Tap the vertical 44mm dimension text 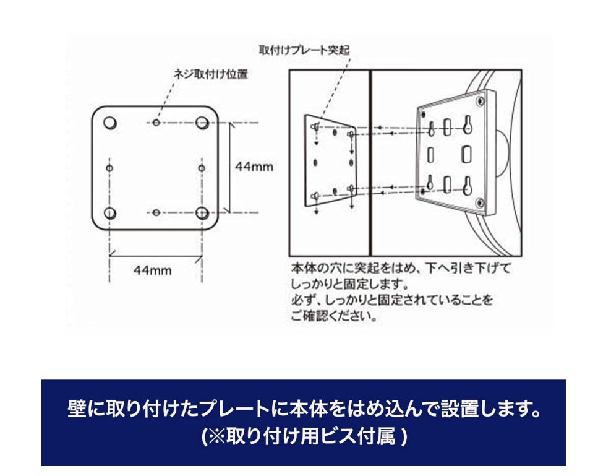pyautogui.click(x=254, y=167)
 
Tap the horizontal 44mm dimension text pyautogui.click(x=153, y=270)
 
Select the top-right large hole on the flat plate pyautogui.click(x=202, y=123)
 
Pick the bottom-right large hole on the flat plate pyautogui.click(x=202, y=213)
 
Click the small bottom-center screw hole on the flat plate pyautogui.click(x=156, y=213)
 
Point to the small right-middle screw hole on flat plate pyautogui.click(x=202, y=168)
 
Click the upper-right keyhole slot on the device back pyautogui.click(x=468, y=125)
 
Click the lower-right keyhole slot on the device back pyautogui.click(x=468, y=184)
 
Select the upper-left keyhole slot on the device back pyautogui.click(x=429, y=128)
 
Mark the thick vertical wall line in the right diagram pyautogui.click(x=370, y=161)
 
